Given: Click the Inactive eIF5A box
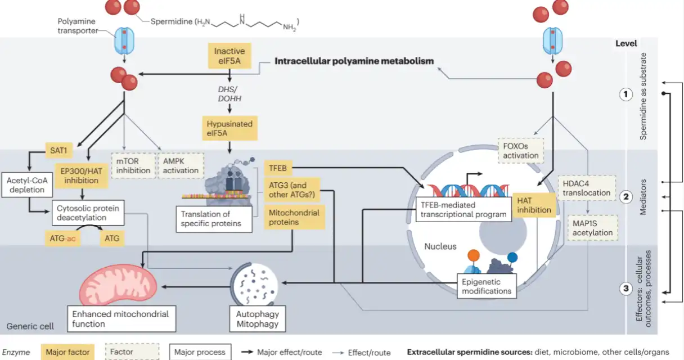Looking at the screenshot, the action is (229, 56).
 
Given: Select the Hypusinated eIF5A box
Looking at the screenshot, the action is (229, 128).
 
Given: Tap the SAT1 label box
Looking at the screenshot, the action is (58, 150).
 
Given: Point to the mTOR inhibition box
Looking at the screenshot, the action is (133, 165).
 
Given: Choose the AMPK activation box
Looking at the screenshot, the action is (181, 165).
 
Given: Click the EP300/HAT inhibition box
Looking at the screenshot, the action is (81, 175).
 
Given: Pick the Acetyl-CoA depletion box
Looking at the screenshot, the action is (27, 185).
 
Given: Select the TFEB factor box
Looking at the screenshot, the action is (278, 168).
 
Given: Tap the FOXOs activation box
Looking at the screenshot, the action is (521, 151).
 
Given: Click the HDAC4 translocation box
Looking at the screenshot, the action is (587, 188).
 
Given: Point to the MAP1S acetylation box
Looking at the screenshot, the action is (593, 228).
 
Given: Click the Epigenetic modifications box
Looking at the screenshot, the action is (487, 286).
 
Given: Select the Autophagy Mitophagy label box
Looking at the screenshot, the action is (258, 319).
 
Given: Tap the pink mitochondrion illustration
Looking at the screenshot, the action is (118, 285).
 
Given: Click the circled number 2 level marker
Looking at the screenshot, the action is (625, 197).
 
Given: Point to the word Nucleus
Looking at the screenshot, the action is (440, 246).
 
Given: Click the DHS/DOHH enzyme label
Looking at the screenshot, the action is (229, 94).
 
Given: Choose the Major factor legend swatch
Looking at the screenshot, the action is (67, 352).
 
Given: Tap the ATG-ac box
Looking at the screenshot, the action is (62, 238).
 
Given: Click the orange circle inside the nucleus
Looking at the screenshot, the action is (473, 255).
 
